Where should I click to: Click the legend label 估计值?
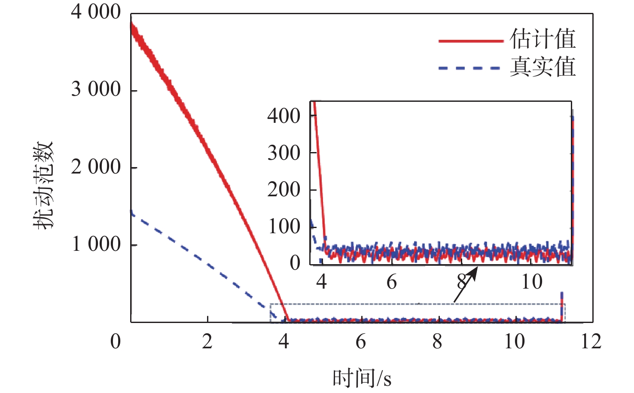543,39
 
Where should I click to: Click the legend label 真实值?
543,67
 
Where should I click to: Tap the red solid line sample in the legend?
471,41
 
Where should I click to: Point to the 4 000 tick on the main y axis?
96,12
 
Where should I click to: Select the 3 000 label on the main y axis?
96,89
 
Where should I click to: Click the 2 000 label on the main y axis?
96,167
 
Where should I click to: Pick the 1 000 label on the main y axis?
96,244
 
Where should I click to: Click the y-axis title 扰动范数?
44,185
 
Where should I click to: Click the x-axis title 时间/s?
362,378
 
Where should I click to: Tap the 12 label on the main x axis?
591,342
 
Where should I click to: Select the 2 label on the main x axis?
207,342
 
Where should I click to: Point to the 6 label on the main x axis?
361,342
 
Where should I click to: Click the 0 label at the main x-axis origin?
116,342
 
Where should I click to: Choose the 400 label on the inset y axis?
283,116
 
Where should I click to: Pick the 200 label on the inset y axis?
283,189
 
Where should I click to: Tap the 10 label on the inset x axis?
532,282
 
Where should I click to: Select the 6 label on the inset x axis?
391,282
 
